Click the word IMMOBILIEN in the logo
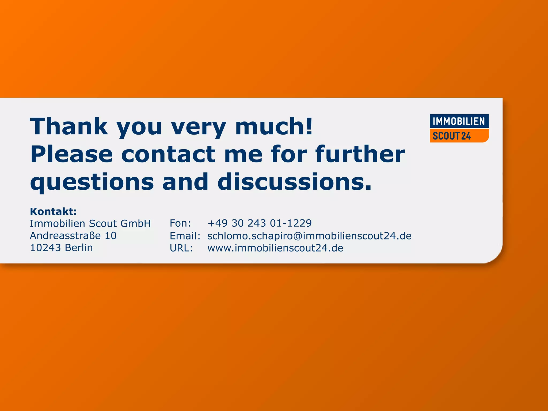(x=459, y=121)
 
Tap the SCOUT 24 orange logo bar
(x=459, y=136)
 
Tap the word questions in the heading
(x=92, y=182)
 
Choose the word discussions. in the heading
(x=295, y=182)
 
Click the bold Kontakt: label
(x=53, y=211)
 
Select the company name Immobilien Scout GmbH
(x=90, y=223)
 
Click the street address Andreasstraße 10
(x=73, y=236)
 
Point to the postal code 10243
(x=45, y=248)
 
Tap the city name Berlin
(x=79, y=248)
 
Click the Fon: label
(x=180, y=223)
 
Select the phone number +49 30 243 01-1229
(x=260, y=223)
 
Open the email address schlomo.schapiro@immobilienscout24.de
(x=309, y=236)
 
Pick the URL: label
(x=181, y=248)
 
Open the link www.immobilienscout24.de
(x=275, y=248)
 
